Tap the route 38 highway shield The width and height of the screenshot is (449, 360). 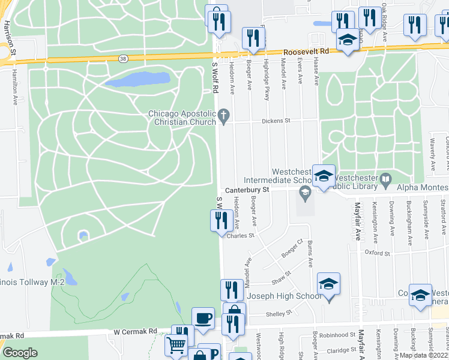tap(123, 59)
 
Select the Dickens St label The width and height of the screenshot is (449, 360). tap(279, 121)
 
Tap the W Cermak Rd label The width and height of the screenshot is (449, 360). tap(135, 331)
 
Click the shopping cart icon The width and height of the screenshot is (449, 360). tap(175, 344)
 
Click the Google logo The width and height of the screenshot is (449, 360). tap(20, 353)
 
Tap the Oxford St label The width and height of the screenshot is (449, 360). tap(378, 253)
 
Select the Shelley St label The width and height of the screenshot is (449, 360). tap(279, 313)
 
